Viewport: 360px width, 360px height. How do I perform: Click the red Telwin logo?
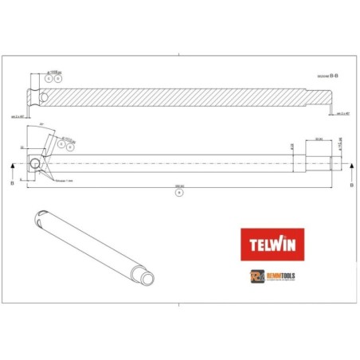click(272, 244)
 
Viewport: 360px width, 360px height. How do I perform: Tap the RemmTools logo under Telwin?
click(272, 275)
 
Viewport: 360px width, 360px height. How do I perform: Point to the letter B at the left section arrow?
click(13, 182)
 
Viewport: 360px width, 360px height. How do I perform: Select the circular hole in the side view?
click(35, 166)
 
